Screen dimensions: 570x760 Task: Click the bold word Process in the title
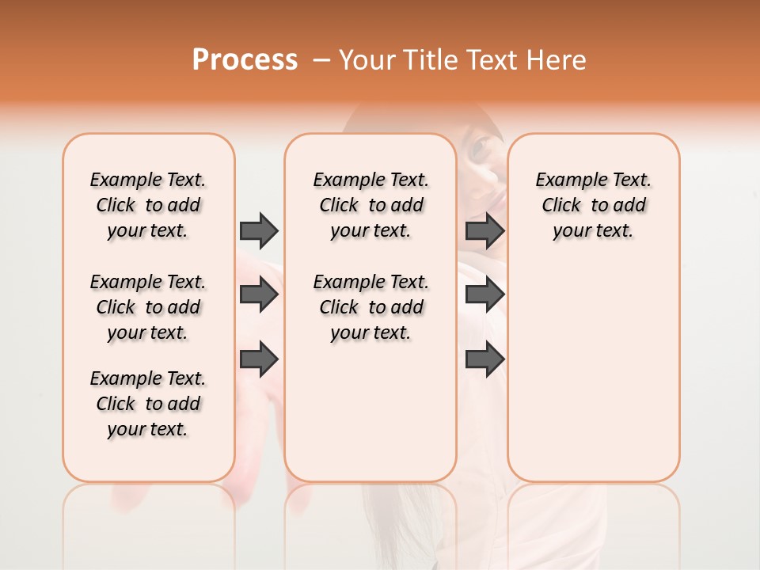(245, 60)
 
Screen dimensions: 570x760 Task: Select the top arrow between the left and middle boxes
(259, 230)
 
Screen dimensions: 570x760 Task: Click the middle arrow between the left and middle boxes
(259, 295)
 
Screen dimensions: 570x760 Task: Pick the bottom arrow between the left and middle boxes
(259, 359)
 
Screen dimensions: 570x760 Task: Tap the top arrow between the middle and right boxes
(484, 230)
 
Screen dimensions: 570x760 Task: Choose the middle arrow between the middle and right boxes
(484, 295)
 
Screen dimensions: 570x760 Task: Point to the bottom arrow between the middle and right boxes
(484, 359)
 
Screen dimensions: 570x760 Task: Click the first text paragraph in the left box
(148, 205)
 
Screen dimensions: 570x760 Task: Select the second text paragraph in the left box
(148, 307)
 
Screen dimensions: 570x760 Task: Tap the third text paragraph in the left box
(148, 404)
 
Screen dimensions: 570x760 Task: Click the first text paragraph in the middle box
(370, 205)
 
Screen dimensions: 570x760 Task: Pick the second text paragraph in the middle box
(370, 307)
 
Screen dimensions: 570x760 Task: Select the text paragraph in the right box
(593, 205)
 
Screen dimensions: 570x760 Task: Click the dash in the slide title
(321, 60)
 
